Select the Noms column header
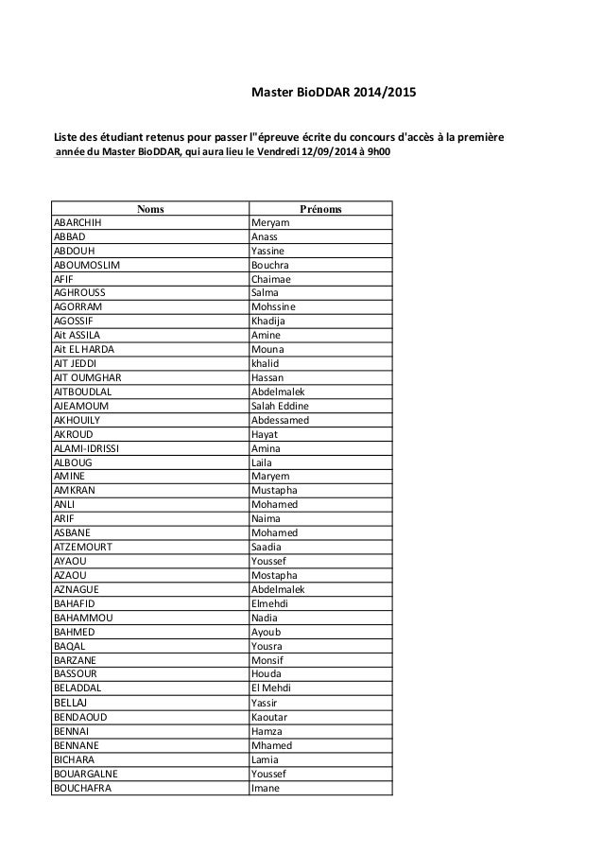tap(148, 208)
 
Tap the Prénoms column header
tap(319, 208)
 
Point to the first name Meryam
tap(270, 222)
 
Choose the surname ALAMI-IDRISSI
tap(92, 448)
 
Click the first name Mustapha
tap(275, 491)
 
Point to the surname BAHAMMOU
tap(84, 619)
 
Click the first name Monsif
tap(267, 661)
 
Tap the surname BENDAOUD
tap(80, 717)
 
